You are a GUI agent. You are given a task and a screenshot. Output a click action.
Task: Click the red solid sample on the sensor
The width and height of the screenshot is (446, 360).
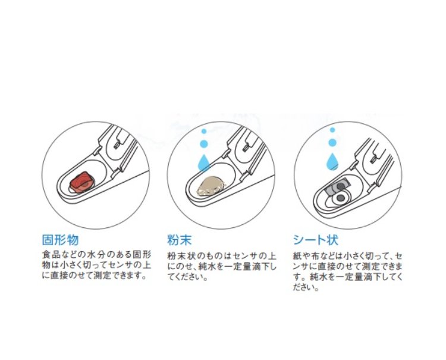(81, 182)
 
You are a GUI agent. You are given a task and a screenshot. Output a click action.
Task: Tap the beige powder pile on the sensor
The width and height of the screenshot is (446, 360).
(211, 186)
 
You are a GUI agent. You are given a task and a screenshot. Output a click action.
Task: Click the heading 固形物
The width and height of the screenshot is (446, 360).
(60, 240)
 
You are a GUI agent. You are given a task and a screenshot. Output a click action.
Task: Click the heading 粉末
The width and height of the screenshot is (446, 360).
(180, 240)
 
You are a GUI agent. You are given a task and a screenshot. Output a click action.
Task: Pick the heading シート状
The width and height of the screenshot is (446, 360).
(316, 240)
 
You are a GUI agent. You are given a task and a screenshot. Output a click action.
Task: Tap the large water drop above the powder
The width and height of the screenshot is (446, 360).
(203, 162)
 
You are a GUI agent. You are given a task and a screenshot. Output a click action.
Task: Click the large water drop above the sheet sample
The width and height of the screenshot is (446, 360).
(332, 161)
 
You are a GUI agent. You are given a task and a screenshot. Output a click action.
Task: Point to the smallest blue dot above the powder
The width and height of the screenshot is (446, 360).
(203, 131)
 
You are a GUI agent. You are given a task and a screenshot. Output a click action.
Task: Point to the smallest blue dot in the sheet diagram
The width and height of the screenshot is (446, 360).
(332, 130)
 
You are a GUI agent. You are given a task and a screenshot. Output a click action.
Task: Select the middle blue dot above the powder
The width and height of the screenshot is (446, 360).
(203, 143)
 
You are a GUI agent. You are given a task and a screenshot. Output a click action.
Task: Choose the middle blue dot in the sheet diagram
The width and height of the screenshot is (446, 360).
(332, 142)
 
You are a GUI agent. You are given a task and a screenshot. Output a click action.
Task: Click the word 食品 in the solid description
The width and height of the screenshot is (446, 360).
(52, 254)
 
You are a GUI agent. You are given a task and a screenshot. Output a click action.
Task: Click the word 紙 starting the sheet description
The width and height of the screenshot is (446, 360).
(297, 256)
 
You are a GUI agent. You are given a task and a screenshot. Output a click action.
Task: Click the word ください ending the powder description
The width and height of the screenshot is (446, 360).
(190, 277)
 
